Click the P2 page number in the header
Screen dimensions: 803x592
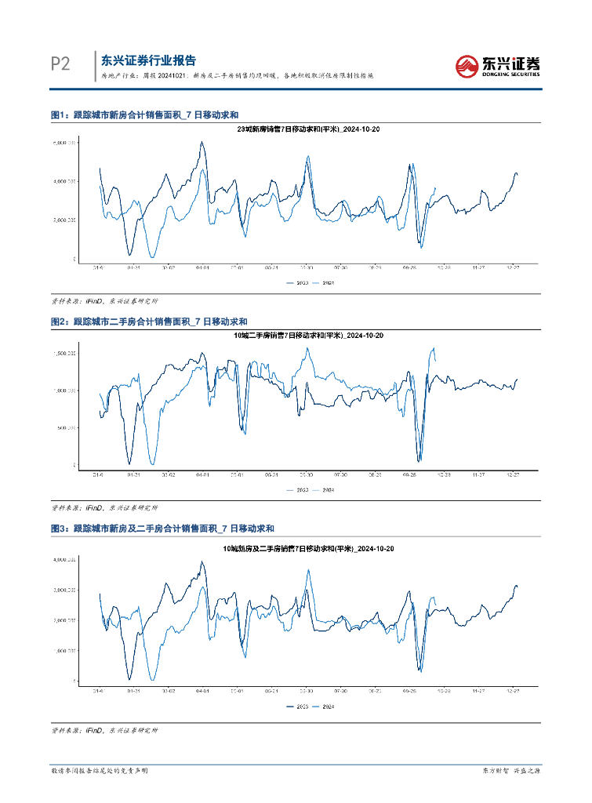[60, 64]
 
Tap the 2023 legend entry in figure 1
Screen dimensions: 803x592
[298, 282]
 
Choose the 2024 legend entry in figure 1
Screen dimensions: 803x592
[324, 282]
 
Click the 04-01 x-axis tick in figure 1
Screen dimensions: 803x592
[202, 267]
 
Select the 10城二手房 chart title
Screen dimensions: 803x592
[309, 336]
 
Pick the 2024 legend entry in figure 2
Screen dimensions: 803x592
[324, 489]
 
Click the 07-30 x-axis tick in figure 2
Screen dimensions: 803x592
[340, 474]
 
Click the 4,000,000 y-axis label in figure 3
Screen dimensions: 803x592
[64, 560]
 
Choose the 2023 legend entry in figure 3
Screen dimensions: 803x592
[298, 707]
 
